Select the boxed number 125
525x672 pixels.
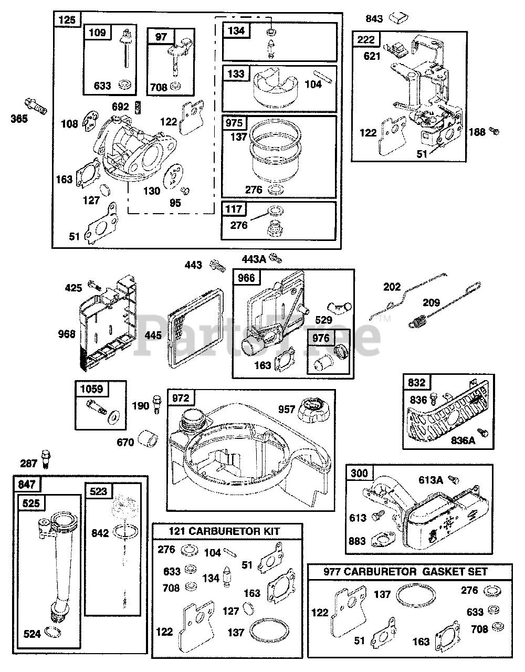coord(67,20)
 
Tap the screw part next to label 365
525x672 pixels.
coord(35,104)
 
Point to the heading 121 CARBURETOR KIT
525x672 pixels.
coord(227,531)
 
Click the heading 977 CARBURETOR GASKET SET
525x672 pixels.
coord(409,572)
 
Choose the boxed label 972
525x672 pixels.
coord(181,398)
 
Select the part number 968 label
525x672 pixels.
coord(67,333)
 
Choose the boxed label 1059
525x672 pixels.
coord(92,389)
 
